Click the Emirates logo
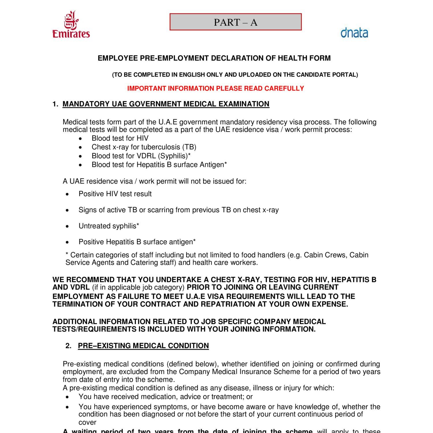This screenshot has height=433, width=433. point(71,25)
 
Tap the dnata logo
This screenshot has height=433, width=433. point(354,33)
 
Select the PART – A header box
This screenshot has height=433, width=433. point(236,22)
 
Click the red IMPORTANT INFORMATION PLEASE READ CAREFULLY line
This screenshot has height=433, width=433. point(215,88)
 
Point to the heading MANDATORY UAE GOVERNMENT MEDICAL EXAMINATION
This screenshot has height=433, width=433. point(166,104)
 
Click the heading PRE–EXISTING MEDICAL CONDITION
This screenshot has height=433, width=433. point(143,346)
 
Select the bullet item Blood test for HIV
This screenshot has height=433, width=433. point(120,138)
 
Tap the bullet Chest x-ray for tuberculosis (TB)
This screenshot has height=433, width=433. point(144,147)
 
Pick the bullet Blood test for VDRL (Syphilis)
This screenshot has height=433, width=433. point(141,156)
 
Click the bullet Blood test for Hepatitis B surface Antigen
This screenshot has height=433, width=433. point(159,165)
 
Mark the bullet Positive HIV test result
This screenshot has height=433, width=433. point(115,194)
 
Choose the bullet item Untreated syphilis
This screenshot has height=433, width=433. point(109,226)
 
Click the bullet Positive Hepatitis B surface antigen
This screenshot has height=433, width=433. point(137,242)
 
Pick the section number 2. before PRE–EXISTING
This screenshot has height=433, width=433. point(68,346)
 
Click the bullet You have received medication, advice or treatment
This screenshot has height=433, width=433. point(165,397)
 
